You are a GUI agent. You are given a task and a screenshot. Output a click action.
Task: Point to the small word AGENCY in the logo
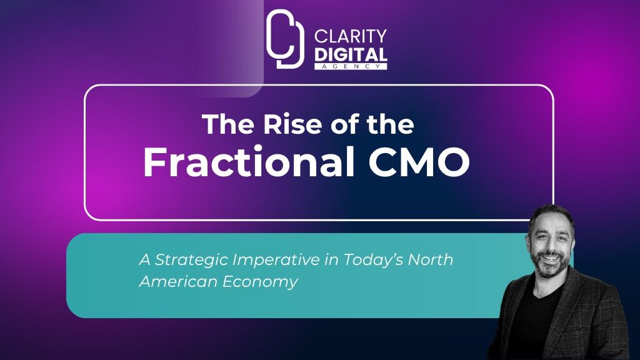pyautogui.click(x=351, y=66)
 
